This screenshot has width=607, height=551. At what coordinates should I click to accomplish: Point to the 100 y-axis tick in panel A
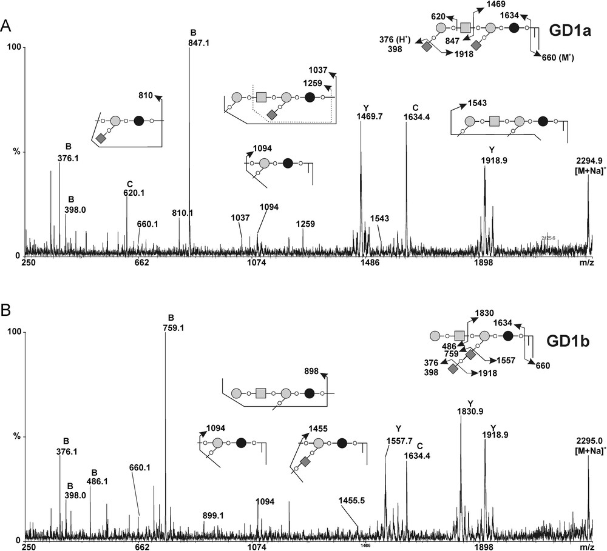(x=14, y=48)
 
